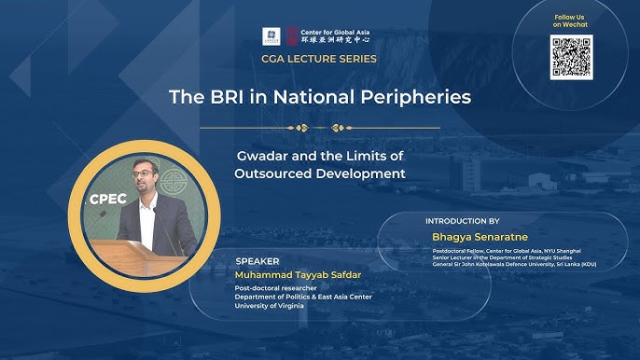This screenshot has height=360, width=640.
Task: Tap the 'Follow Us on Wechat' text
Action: tap(569, 21)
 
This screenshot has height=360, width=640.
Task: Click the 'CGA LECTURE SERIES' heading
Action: tap(319, 59)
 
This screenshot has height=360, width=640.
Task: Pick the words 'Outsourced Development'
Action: tap(319, 173)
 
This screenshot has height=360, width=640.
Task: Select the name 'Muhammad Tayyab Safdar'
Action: tap(293, 276)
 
